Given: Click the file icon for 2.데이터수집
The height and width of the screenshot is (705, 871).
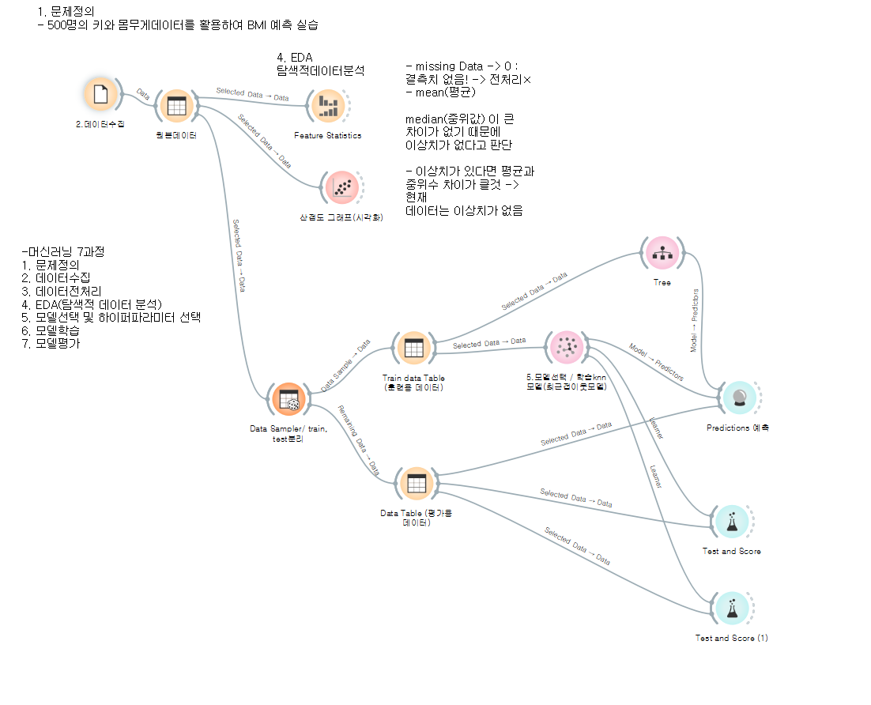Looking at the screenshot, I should coord(100,94).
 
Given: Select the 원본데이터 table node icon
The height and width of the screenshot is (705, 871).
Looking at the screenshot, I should coord(176,106).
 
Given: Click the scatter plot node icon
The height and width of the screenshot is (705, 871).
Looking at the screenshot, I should coord(341,187).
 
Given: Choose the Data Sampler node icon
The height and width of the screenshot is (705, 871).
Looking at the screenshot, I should coord(288,399).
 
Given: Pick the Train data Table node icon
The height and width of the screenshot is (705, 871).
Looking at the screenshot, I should coord(413,349).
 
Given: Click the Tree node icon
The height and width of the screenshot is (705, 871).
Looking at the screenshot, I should coord(662,253).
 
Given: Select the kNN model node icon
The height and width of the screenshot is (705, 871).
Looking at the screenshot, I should coord(566,347).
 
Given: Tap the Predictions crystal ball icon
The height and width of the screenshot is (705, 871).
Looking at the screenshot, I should coord(739,398).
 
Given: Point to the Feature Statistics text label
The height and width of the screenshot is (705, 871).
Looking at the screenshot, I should coord(327,135).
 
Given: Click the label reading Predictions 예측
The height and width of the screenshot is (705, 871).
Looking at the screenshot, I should coord(737,428).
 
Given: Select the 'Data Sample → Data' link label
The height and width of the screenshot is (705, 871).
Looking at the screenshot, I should coord(346,365).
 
